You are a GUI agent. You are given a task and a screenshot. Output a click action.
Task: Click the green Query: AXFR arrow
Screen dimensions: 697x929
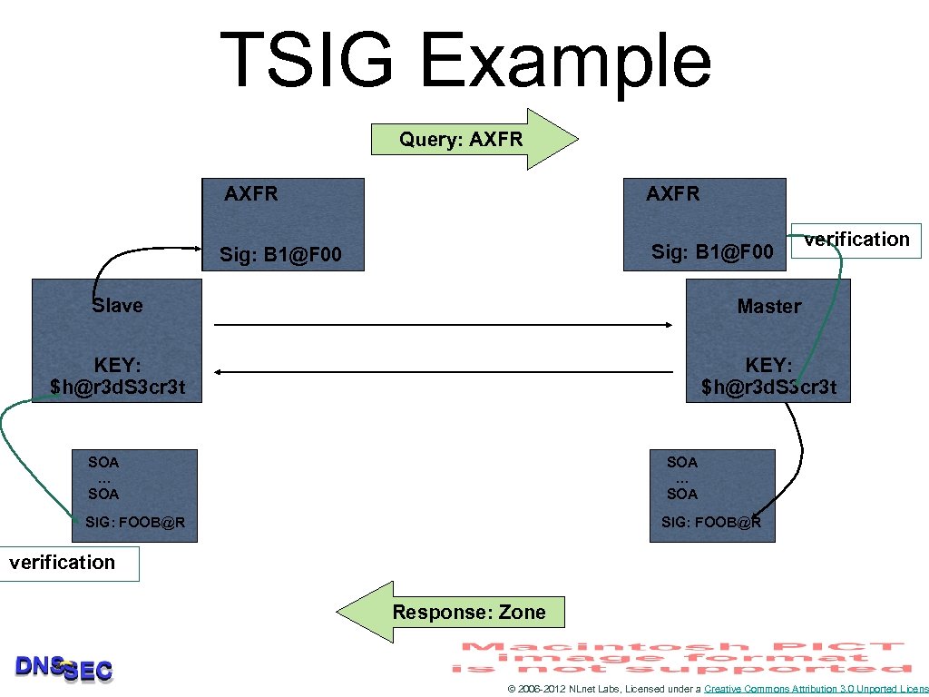(472, 140)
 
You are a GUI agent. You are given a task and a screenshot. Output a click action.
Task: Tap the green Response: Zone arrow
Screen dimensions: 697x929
(454, 612)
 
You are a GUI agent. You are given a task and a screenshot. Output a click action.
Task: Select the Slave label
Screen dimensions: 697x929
(117, 306)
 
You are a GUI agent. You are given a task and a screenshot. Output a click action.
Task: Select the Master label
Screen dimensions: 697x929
(768, 307)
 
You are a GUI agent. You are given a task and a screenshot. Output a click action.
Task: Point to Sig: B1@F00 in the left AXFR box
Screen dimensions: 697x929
(280, 255)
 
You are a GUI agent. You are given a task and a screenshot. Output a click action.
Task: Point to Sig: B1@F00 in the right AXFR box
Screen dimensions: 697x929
(712, 251)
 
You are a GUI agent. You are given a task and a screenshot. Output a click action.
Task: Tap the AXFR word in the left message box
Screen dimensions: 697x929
(251, 193)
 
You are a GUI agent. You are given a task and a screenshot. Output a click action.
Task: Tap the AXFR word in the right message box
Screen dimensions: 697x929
(672, 193)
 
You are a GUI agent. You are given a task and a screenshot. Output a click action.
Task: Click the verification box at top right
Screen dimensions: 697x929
(856, 240)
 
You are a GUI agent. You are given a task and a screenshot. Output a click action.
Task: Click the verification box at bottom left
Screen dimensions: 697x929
(64, 563)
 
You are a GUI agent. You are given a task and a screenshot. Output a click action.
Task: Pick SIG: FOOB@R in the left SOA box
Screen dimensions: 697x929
(135, 522)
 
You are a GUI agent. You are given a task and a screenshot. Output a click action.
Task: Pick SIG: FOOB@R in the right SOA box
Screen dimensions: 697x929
(711, 522)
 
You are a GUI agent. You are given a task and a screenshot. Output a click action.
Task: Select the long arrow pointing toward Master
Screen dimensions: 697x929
(445, 324)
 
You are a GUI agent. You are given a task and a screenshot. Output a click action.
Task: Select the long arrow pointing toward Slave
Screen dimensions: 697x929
(445, 371)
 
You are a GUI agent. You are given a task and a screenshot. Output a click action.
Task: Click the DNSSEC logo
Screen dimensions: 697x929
(64, 669)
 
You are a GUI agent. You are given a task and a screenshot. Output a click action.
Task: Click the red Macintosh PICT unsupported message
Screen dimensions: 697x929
(680, 657)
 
